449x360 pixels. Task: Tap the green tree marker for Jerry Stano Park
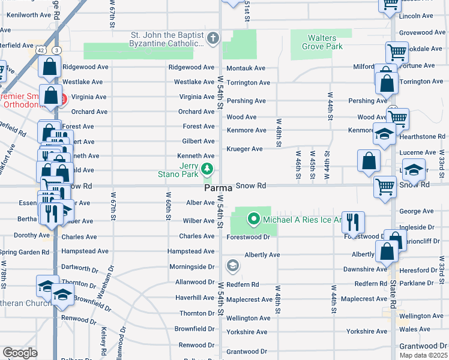tap(207, 169)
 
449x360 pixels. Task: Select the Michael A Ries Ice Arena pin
tap(253, 220)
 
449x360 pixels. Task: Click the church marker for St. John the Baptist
tap(212, 40)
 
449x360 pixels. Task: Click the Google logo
tap(20, 353)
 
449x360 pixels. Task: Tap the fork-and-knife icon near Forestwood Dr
tap(352, 222)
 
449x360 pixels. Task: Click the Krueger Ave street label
tap(244, 149)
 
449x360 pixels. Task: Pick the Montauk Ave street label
tap(246, 68)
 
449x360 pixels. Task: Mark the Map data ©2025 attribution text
tap(423, 355)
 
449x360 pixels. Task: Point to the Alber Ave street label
tap(200, 203)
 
